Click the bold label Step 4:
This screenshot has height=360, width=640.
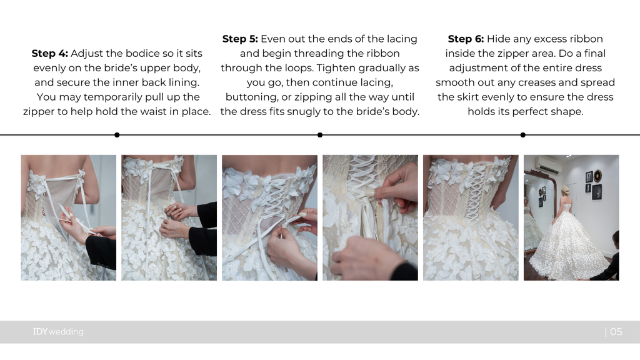coord(50,54)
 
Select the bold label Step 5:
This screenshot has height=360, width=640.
coord(240,39)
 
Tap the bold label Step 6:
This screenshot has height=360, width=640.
coord(466,39)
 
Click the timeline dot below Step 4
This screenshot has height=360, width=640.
coord(117,135)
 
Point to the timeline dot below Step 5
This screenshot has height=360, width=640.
coord(320,135)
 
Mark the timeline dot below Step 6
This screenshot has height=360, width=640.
coord(523,135)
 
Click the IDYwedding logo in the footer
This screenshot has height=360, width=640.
coord(58,332)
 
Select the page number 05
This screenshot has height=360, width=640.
coord(616,332)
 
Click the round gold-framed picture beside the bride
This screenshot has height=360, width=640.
coord(598,176)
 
